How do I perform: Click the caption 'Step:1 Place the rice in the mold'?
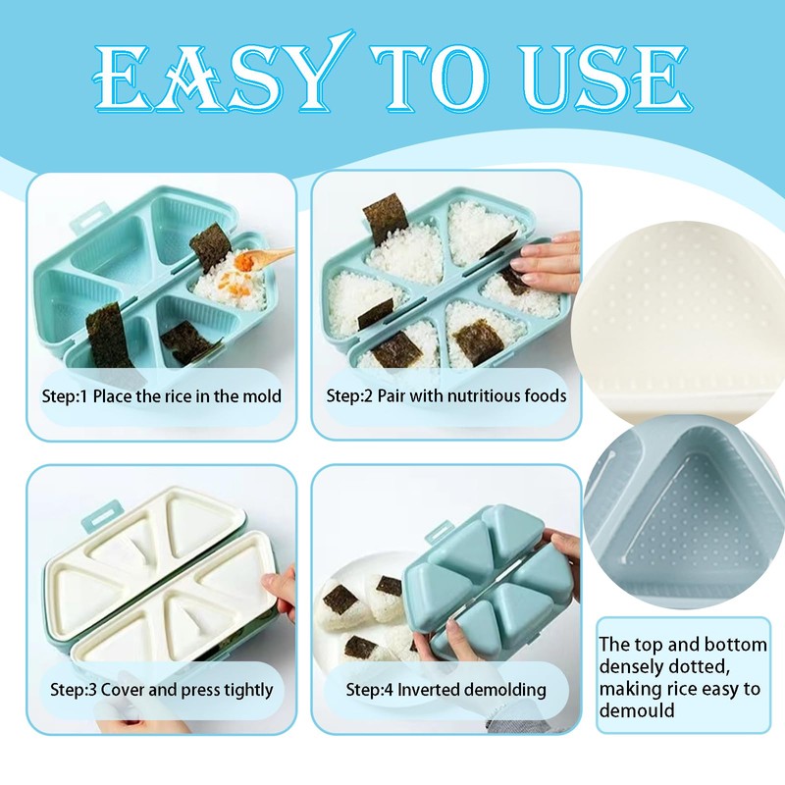[x=161, y=396]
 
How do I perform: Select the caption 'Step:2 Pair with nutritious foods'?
[x=446, y=396]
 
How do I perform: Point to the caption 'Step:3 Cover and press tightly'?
[x=161, y=690]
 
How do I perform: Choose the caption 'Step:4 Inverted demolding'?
[x=446, y=690]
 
